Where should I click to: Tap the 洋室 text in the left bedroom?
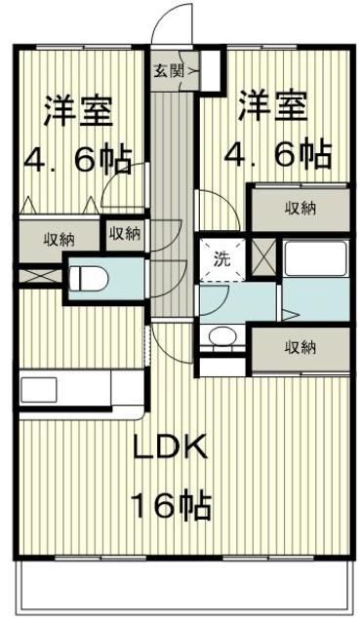tap(77, 109)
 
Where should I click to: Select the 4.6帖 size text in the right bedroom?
tap(277, 153)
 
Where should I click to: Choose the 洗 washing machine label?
tap(222, 259)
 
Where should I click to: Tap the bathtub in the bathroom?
tap(315, 260)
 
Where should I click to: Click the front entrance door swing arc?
tap(173, 24)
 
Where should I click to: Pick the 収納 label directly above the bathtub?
tap(300, 208)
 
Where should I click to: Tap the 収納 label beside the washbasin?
tap(300, 347)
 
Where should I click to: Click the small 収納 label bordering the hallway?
tap(125, 233)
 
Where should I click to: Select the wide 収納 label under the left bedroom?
tap(60, 239)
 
